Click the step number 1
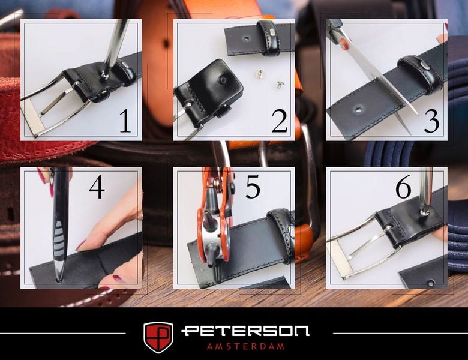[x=125, y=121]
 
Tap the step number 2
[x=280, y=121]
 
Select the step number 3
[x=431, y=121]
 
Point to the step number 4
[x=97, y=187]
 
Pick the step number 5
[x=253, y=187]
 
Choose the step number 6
[x=404, y=187]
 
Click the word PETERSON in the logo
[x=245, y=331]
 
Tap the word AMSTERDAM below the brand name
[x=245, y=346]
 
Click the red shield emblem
[x=158, y=337]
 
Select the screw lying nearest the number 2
[x=278, y=85]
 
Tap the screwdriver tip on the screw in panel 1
[x=104, y=74]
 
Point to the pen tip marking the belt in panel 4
[x=59, y=279]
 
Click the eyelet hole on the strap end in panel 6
[x=430, y=283]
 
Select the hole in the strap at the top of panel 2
[x=246, y=38]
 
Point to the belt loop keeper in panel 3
[x=421, y=71]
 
